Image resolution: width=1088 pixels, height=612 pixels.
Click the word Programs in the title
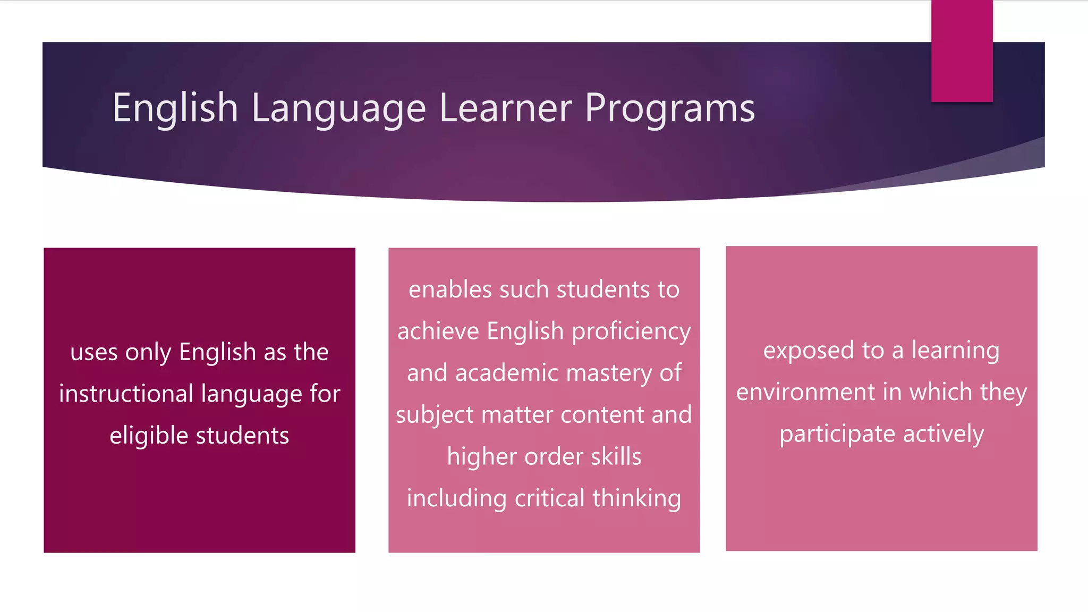[669, 108]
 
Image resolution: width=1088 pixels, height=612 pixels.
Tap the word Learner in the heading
[505, 108]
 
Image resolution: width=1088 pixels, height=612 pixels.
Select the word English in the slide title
[175, 108]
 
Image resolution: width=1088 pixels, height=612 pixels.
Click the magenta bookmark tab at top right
[962, 51]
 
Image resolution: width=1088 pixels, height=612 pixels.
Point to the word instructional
[126, 394]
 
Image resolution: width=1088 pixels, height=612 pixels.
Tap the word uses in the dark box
[94, 352]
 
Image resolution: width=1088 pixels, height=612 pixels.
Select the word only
[148, 352]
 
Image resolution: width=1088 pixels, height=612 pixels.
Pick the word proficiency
[631, 331]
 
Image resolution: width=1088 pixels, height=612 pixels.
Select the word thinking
[636, 498]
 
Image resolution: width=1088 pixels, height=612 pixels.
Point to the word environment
[805, 392]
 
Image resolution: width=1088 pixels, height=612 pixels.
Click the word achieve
[438, 331]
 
